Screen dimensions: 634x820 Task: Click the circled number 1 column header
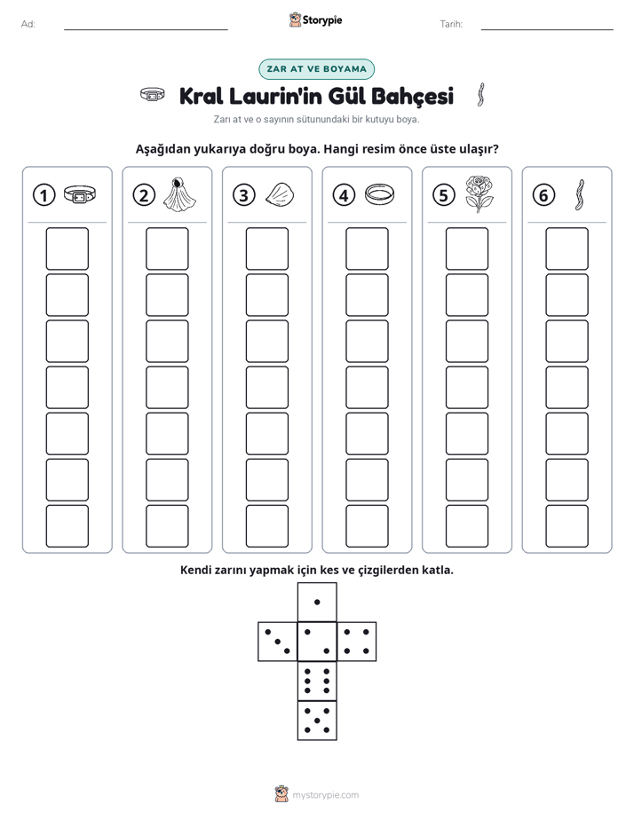(x=44, y=195)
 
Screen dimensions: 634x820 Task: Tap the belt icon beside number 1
(x=80, y=194)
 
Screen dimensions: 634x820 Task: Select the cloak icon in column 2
(x=179, y=194)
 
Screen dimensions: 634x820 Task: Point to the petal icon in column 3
(x=280, y=194)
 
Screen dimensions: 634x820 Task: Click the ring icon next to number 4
(x=379, y=194)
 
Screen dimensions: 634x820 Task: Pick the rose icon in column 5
(x=479, y=194)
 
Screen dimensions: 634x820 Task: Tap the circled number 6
(x=543, y=195)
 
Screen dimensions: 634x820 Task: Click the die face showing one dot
(x=317, y=602)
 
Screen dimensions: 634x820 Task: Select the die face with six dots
(x=317, y=681)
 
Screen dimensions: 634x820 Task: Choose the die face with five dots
(x=317, y=721)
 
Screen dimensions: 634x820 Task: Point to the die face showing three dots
(x=278, y=642)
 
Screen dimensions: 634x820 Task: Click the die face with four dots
(x=357, y=642)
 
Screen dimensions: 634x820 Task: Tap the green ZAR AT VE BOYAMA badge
(x=316, y=69)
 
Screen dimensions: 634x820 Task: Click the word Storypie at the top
(x=322, y=20)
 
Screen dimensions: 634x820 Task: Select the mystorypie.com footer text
(x=325, y=795)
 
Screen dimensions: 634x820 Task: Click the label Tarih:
(x=451, y=24)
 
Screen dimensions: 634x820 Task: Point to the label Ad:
(x=28, y=24)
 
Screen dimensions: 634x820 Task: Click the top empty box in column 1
(x=67, y=248)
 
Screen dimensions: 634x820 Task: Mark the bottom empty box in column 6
(x=567, y=526)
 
